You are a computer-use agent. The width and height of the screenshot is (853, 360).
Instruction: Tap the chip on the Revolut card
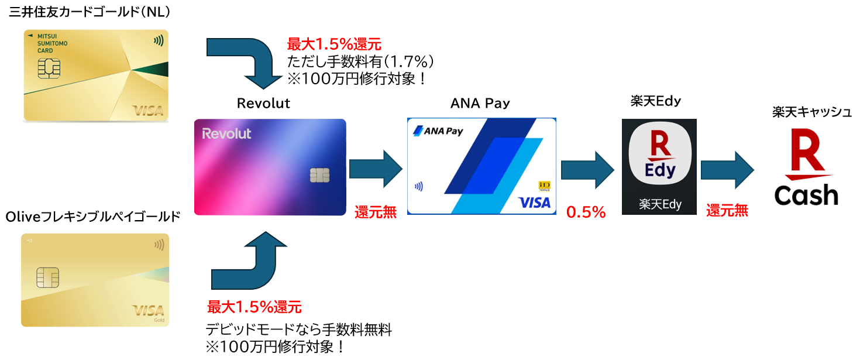(319, 174)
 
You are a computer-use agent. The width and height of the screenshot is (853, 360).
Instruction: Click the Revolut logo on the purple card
(226, 133)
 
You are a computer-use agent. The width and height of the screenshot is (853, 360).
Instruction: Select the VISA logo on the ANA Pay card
(534, 203)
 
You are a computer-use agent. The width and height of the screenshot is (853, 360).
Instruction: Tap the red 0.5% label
(586, 212)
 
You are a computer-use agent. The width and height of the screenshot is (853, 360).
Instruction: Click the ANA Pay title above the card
(480, 104)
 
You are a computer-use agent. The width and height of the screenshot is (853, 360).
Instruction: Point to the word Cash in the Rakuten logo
(806, 196)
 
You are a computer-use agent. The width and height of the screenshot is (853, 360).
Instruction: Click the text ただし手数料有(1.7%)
(359, 61)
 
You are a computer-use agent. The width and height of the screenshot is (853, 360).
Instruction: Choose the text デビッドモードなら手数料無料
(298, 330)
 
